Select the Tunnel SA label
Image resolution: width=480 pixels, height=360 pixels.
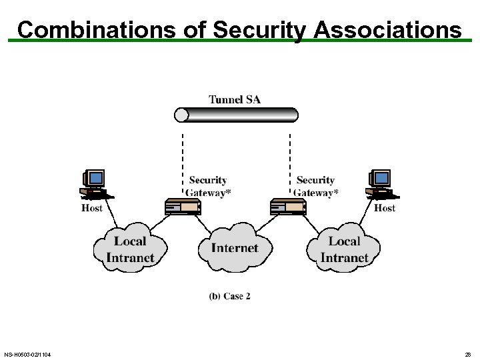click(235, 99)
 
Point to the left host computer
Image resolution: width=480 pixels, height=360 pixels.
click(95, 184)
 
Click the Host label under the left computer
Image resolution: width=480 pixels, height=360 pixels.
click(92, 208)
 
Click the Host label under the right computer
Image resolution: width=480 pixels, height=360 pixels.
click(385, 208)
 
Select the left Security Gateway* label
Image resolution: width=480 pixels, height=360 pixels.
click(208, 186)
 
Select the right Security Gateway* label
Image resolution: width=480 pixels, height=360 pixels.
click(316, 186)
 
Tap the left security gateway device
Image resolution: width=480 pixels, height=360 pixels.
click(183, 207)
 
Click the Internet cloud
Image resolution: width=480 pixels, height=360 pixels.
click(234, 248)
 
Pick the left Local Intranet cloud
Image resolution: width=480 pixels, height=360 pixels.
click(130, 249)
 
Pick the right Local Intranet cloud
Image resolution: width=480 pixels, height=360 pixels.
click(344, 249)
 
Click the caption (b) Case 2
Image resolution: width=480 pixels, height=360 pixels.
click(229, 296)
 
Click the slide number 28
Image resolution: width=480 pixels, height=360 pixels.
click(467, 354)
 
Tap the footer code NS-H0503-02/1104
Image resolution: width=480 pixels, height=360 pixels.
click(27, 354)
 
